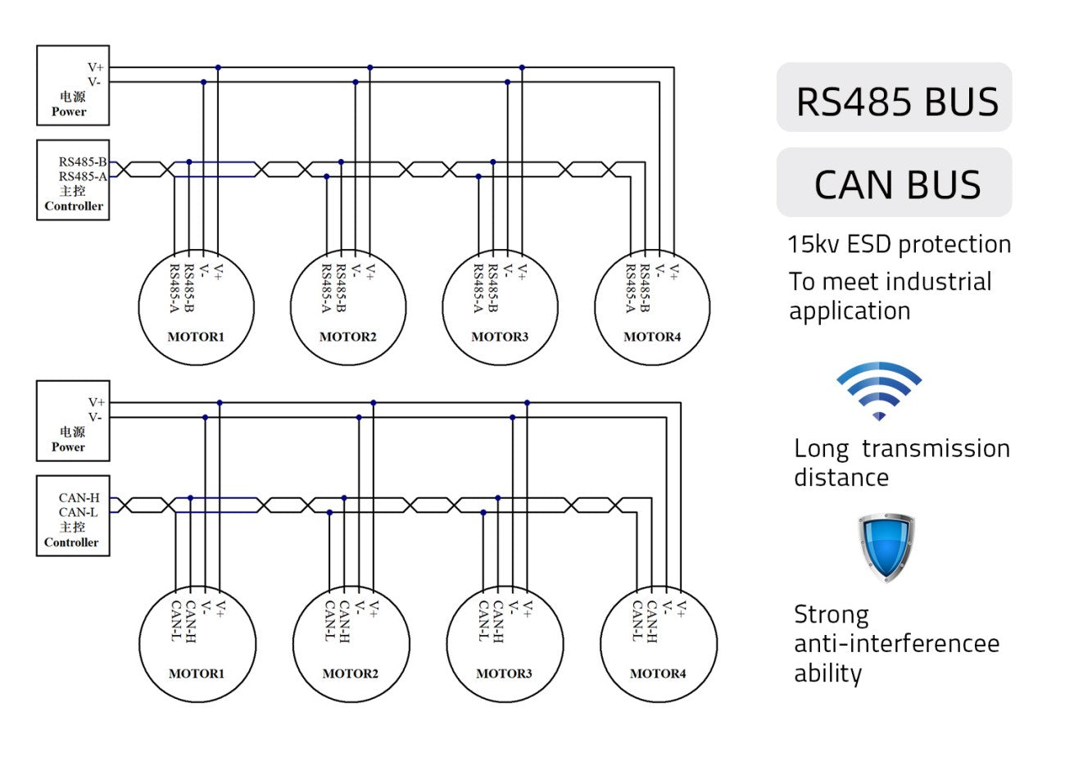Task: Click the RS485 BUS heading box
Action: (x=894, y=97)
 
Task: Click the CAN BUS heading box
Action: (x=894, y=182)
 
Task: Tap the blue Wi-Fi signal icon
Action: (x=879, y=391)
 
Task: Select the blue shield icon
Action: (x=886, y=547)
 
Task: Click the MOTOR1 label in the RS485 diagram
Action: (x=196, y=337)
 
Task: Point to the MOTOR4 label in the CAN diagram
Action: (x=658, y=673)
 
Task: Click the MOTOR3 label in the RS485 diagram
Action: (x=500, y=337)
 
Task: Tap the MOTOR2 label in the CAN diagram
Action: (x=351, y=673)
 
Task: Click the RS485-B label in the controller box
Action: (x=83, y=161)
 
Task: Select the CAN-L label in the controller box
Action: (x=79, y=512)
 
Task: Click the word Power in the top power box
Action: (x=69, y=111)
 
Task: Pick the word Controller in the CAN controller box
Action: (x=71, y=542)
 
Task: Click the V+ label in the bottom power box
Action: (x=96, y=402)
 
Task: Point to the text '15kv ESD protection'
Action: (x=899, y=244)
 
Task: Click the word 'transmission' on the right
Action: (x=936, y=449)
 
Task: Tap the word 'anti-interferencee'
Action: (x=897, y=644)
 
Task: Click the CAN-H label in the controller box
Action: (x=79, y=497)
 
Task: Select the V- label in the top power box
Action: (x=94, y=82)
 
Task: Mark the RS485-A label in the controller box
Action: (x=83, y=176)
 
